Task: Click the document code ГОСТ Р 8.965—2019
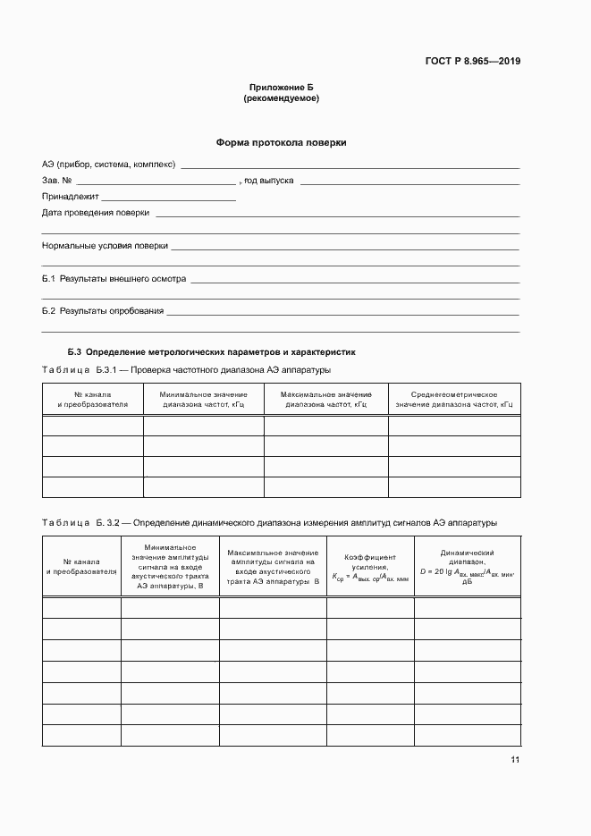(472, 62)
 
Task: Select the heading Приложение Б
(281, 88)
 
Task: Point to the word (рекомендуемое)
(281, 98)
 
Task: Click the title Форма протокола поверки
(281, 142)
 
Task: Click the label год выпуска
(269, 181)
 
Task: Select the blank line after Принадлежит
(168, 198)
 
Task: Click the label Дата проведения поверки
(96, 213)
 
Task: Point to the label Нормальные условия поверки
(105, 246)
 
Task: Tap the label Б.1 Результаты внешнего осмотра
(114, 279)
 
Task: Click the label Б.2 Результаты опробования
(103, 311)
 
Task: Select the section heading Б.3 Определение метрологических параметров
(211, 352)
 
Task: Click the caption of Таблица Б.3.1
(186, 370)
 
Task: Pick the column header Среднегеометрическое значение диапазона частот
(454, 400)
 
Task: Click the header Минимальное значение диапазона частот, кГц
(203, 400)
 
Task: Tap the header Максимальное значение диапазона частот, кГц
(325, 400)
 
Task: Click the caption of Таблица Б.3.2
(269, 522)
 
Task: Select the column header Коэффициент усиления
(370, 568)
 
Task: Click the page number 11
(515, 760)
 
